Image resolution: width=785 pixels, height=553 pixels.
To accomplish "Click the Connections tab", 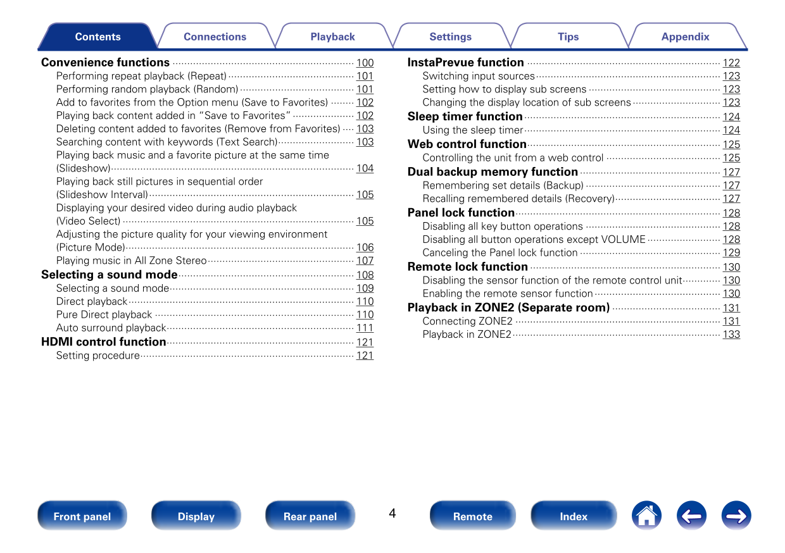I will pos(215,37).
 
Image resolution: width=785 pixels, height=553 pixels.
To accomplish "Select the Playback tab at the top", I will pos(332,37).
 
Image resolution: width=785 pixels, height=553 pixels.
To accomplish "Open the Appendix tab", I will pos(685,37).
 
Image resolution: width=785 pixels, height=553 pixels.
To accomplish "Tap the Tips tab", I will pos(568,37).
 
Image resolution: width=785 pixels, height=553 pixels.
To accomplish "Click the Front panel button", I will pos(82,516).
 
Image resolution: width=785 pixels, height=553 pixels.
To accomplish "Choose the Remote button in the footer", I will pos(472,516).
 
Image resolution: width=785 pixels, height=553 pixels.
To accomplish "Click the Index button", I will pos(574,516).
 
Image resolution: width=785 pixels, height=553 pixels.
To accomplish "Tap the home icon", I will pos(646,516).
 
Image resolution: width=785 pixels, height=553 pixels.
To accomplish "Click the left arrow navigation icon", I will pos(691,516).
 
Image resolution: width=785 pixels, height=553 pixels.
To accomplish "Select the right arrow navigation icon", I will pos(736,516).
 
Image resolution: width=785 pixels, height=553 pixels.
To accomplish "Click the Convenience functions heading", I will pos(106,63).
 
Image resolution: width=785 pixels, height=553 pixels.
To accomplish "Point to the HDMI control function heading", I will pos(104,342).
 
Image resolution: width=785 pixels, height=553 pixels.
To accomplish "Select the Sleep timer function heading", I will pos(465,116).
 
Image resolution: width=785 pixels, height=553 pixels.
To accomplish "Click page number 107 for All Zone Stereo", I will pos(365,261).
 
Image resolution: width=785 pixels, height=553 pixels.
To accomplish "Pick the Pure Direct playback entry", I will pos(104,314).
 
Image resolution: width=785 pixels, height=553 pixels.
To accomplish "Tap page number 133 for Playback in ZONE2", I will pos(731,334).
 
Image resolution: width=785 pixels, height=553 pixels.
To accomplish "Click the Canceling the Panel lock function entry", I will pos(500,252).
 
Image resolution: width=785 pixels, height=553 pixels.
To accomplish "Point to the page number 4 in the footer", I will pos(392,513).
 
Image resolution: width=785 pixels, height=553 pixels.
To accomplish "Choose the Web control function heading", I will pos(467,144).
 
